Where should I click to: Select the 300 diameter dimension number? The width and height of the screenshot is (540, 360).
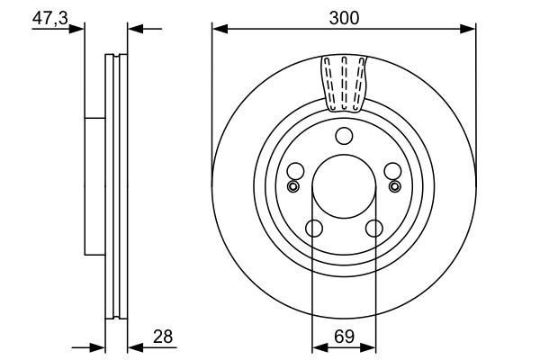(x=343, y=15)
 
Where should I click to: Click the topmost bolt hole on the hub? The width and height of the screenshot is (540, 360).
(x=343, y=137)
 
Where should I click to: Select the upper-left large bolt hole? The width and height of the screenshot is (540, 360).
(x=293, y=172)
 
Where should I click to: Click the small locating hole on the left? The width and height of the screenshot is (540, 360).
(x=292, y=186)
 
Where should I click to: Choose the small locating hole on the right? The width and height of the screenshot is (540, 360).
(x=394, y=186)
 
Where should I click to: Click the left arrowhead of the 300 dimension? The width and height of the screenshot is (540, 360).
(x=218, y=30)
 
